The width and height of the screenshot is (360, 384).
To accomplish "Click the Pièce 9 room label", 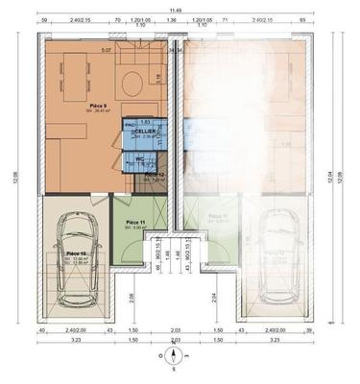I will (98, 106).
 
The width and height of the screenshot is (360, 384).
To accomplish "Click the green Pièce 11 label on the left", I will (135, 223).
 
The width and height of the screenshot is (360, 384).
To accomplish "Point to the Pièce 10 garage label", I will (77, 253).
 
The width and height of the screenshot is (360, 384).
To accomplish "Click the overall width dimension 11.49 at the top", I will (175, 8).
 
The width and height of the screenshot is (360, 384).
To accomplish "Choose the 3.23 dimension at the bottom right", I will (276, 340).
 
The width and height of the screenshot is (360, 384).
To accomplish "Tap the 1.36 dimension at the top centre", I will (173, 48).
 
